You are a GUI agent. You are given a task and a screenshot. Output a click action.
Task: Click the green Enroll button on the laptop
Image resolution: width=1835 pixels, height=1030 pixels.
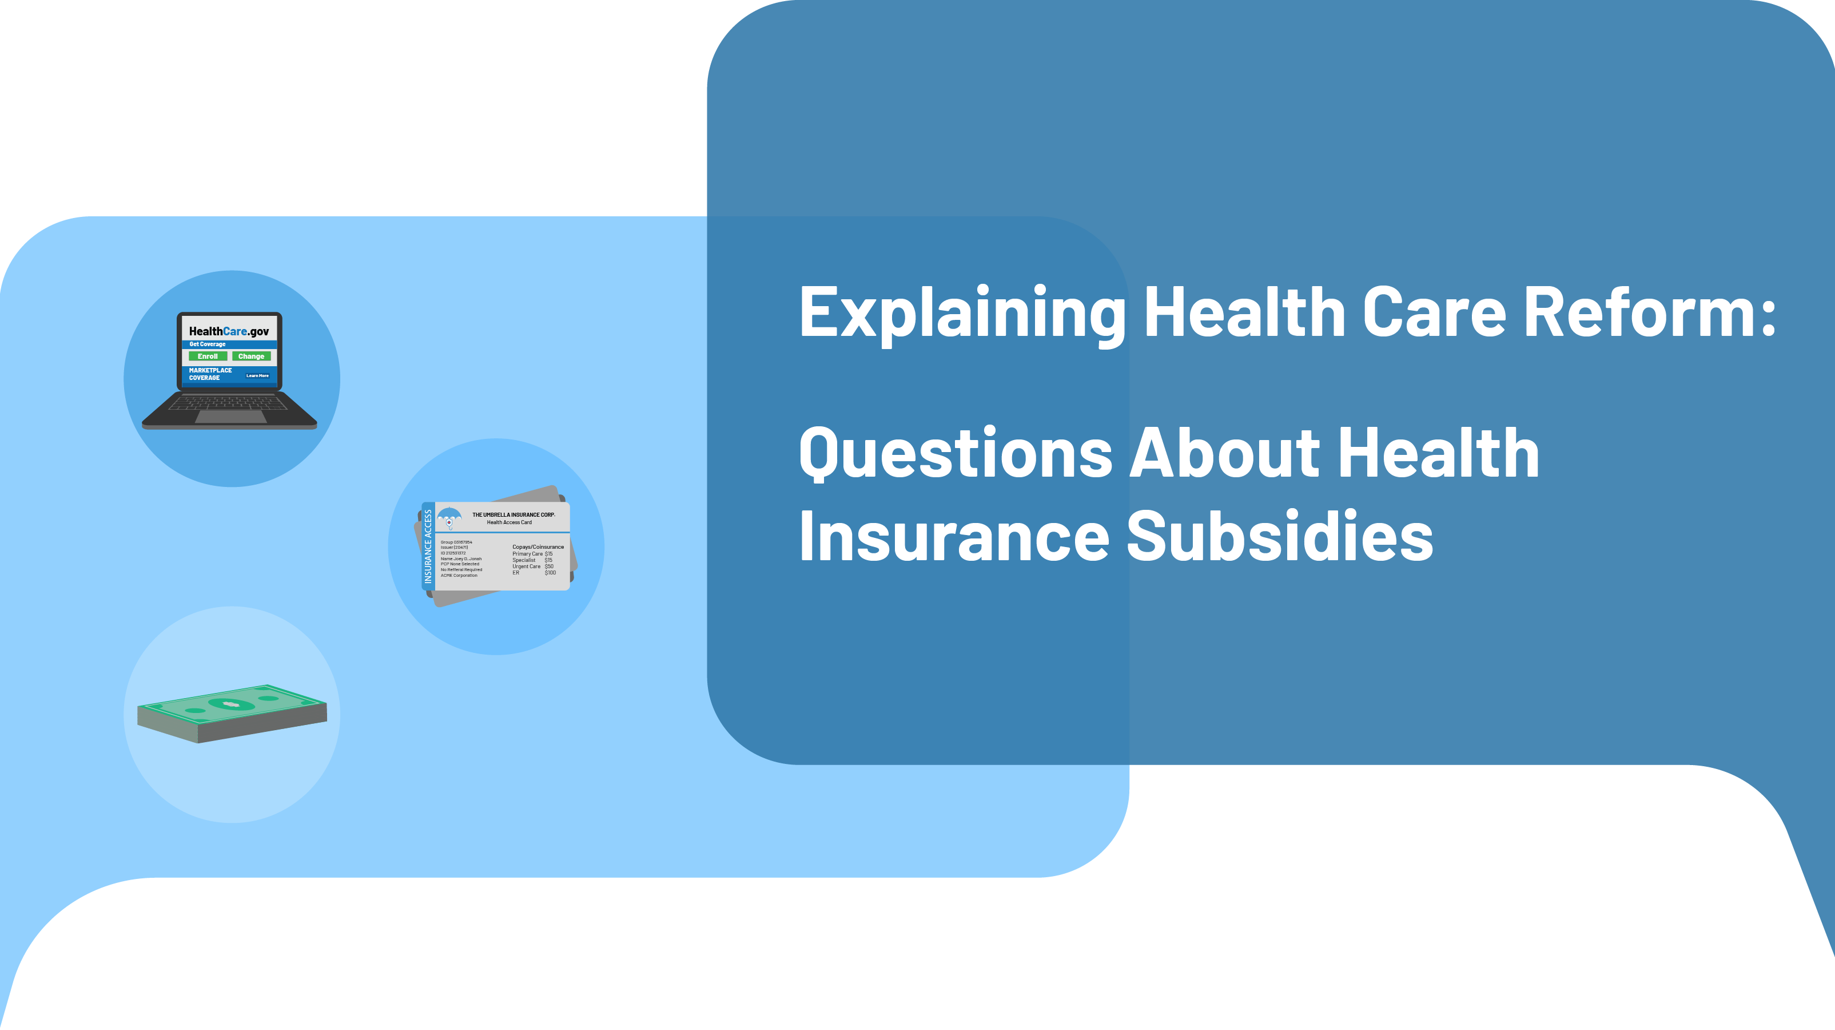point(208,356)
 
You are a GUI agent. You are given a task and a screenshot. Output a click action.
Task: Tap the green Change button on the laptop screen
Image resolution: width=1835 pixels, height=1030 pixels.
point(250,356)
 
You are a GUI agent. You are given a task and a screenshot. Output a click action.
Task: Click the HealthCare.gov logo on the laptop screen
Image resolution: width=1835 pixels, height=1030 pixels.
point(229,331)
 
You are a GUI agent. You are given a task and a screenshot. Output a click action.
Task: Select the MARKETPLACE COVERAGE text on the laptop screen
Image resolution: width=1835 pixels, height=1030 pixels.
point(209,374)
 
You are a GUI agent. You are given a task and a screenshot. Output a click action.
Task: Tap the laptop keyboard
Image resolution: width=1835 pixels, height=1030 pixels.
point(228,403)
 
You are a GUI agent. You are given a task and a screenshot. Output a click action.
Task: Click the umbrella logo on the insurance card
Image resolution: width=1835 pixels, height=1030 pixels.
point(449,517)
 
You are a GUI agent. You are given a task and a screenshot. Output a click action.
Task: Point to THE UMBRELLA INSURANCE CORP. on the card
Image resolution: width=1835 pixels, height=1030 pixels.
point(513,514)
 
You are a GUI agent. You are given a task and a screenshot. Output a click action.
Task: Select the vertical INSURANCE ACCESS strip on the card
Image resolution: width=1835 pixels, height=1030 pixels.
point(428,546)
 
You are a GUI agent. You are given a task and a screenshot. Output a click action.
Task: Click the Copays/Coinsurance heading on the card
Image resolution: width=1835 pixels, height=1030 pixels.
point(538,546)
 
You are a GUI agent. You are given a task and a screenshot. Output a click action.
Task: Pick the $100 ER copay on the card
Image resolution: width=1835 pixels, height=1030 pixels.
point(550,572)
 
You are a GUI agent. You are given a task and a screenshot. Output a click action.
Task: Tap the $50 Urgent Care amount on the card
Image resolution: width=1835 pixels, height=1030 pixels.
point(548,566)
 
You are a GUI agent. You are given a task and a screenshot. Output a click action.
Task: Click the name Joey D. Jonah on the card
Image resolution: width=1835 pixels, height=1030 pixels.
point(467,559)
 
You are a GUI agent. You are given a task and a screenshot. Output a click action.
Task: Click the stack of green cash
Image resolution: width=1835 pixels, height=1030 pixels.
point(232,713)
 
